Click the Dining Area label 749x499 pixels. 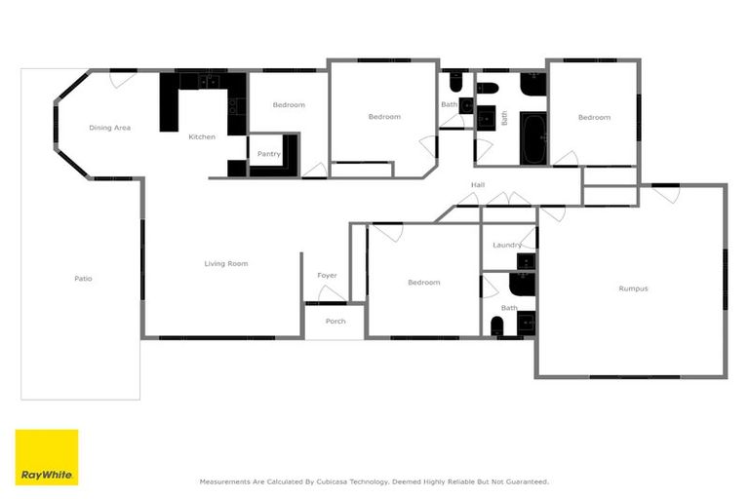(109, 128)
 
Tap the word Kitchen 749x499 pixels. (202, 137)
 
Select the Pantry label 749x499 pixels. (268, 154)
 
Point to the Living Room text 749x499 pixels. (225, 263)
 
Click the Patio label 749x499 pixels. (83, 279)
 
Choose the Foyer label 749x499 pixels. (328, 276)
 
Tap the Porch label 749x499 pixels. (335, 321)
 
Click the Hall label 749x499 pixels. (478, 184)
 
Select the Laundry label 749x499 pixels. (506, 245)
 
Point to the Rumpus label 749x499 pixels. (633, 288)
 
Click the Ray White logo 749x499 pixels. (47, 457)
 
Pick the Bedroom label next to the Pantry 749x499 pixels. (289, 105)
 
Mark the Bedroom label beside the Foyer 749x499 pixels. (423, 283)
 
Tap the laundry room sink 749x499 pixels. (526, 261)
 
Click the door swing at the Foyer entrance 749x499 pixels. (332, 293)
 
